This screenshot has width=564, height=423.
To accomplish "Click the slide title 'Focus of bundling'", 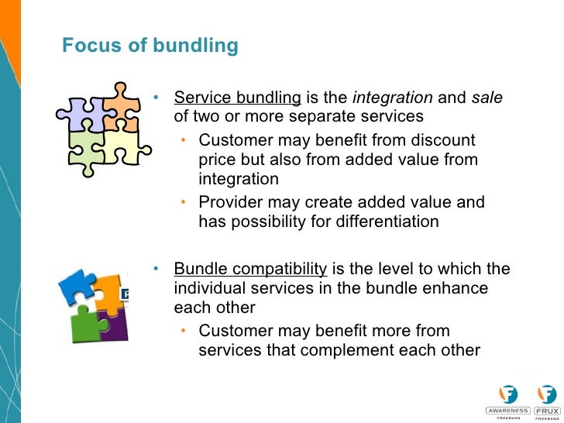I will pos(150,46).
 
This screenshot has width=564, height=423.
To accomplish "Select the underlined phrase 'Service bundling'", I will pos(237,98).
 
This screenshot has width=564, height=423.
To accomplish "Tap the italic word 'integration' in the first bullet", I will pos(392,98).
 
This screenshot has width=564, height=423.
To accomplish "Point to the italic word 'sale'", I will pos(486,98).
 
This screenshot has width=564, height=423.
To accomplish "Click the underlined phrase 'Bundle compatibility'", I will pos(250,270).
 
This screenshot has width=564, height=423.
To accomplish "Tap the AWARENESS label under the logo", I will pos(507,411).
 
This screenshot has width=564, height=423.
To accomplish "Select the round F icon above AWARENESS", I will pos(508,394).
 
